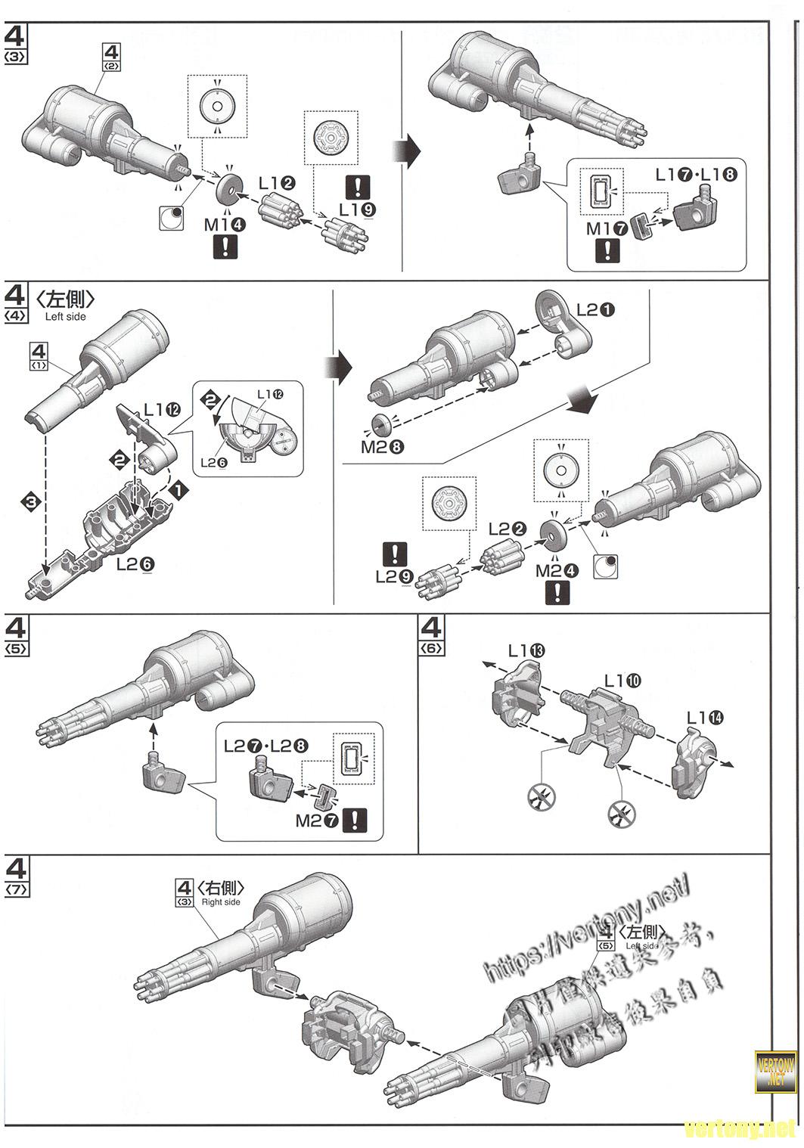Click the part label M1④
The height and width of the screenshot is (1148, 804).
click(x=225, y=224)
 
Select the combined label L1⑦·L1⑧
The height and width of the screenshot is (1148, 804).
click(x=695, y=175)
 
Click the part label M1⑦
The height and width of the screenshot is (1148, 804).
click(x=607, y=228)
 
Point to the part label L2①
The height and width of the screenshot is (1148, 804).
click(x=596, y=309)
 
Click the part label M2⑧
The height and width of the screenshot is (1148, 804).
click(x=382, y=446)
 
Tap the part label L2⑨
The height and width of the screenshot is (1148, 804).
click(x=395, y=576)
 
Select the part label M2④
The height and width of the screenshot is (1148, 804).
click(x=557, y=571)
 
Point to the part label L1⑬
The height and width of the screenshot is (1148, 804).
click(x=526, y=650)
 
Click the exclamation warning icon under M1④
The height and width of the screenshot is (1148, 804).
click(x=225, y=247)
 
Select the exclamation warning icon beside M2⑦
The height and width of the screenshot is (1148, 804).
click(x=355, y=821)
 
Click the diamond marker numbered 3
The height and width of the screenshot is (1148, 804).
click(x=29, y=501)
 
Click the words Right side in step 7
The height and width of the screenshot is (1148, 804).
click(x=221, y=901)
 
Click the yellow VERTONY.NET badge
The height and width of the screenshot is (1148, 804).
click(x=776, y=1071)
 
